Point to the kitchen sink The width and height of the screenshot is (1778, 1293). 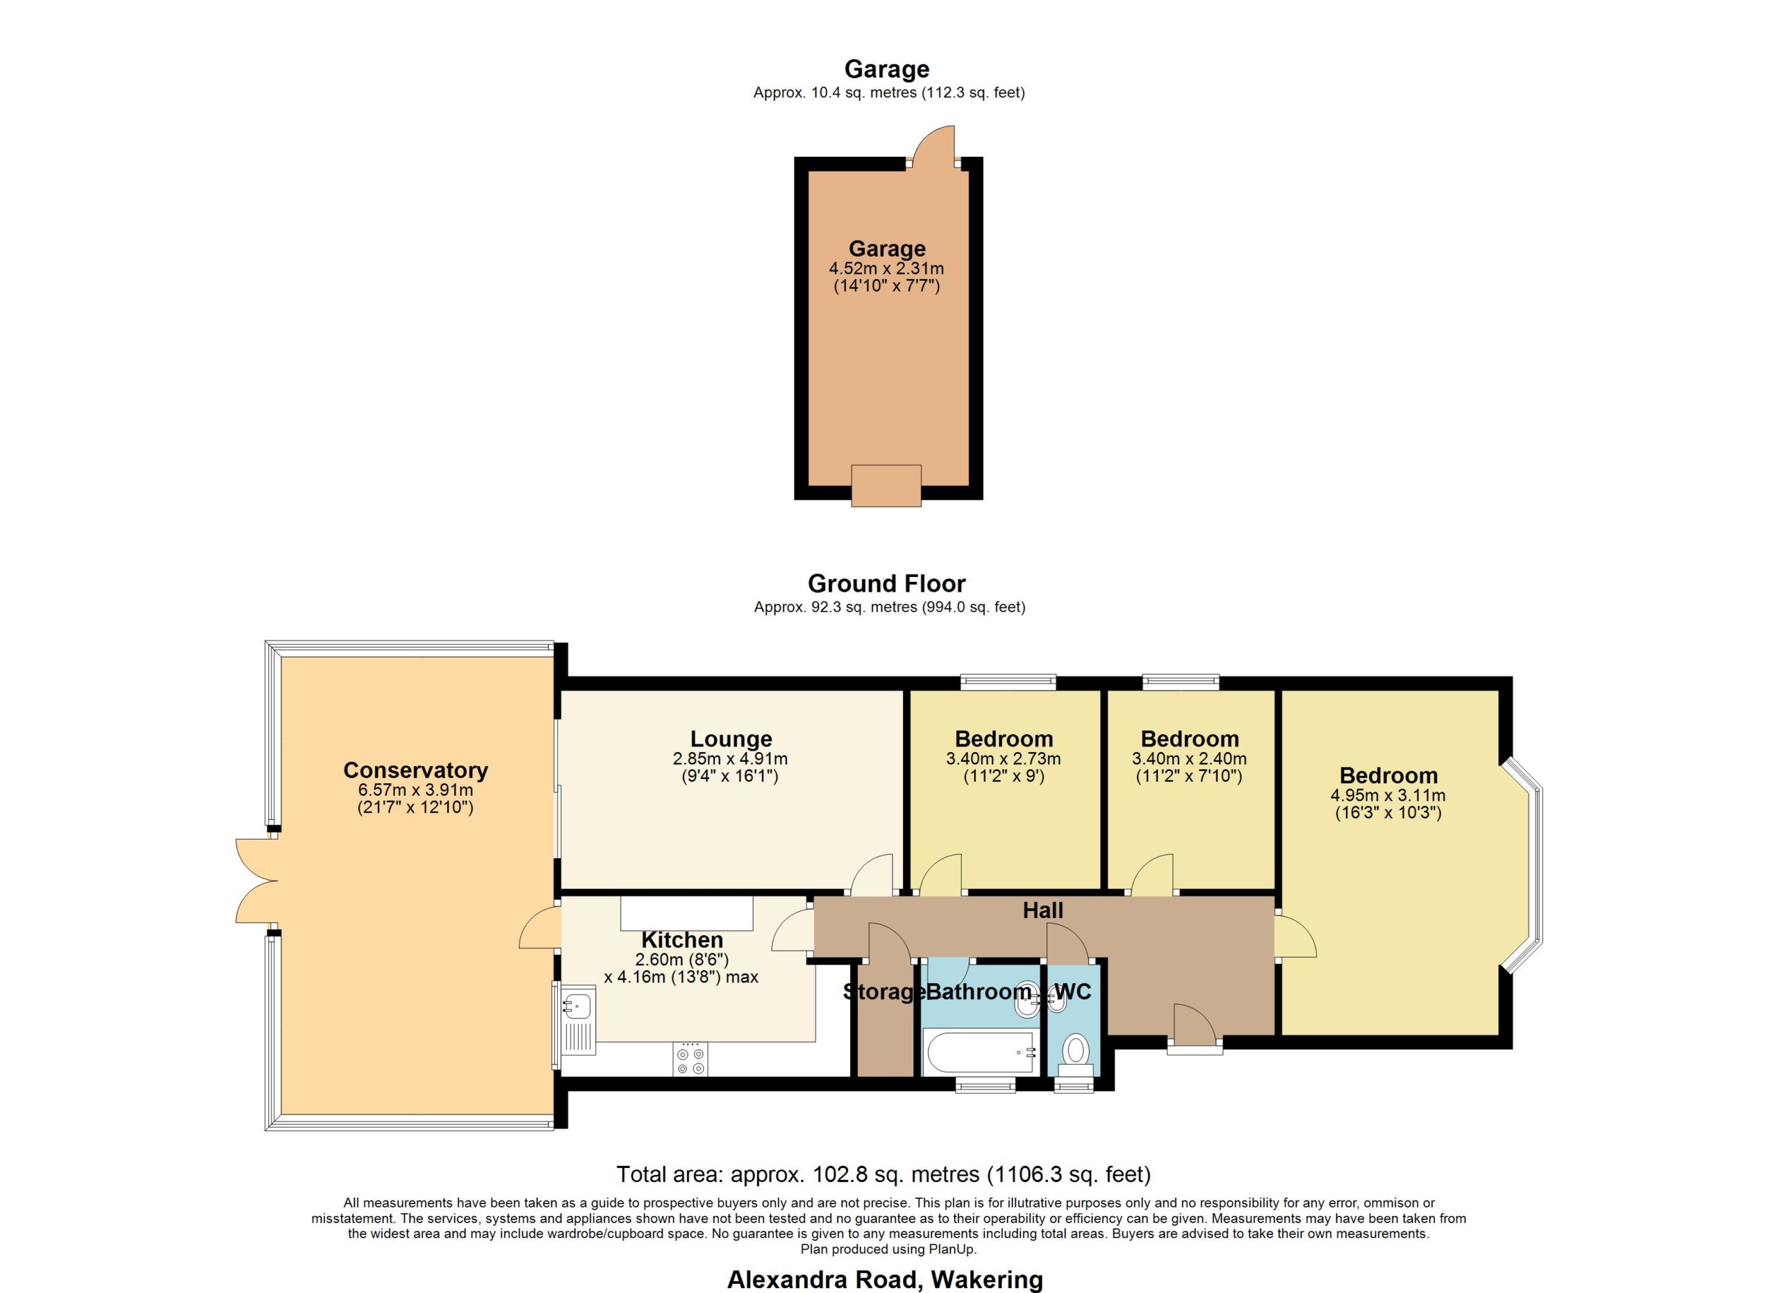[x=578, y=1019]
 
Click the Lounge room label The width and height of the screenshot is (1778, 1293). [x=731, y=738]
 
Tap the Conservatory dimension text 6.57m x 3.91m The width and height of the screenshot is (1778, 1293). [x=415, y=790]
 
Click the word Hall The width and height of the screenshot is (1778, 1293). [x=1042, y=910]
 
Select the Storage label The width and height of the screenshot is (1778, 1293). [x=883, y=992]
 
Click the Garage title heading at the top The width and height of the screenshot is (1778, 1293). [x=887, y=69]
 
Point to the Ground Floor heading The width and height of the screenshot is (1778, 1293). [x=887, y=583]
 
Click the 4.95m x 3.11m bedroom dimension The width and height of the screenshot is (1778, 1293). [x=1388, y=794]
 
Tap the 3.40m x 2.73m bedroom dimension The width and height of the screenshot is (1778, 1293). [x=1004, y=758]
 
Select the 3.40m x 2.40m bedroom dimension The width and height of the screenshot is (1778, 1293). [x=1189, y=758]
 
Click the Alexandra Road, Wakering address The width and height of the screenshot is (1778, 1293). [x=885, y=1280]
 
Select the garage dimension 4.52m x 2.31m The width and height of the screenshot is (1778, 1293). [x=887, y=268]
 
